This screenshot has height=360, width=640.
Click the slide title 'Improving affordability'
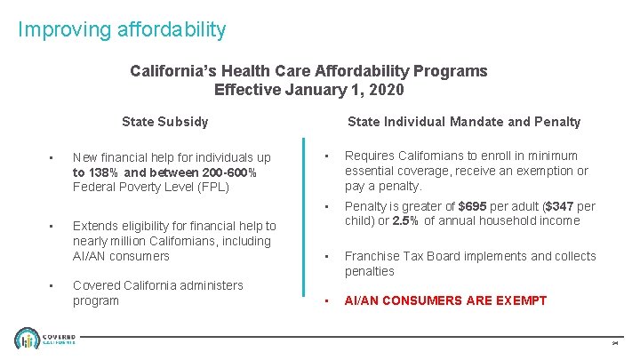(122, 29)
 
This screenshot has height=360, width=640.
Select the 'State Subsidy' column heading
(165, 122)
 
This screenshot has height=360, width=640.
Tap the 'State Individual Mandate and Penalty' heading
(463, 122)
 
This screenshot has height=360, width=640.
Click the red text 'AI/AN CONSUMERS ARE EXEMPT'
(445, 300)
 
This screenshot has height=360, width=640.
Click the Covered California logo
(45, 339)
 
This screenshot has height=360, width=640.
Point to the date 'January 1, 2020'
(351, 90)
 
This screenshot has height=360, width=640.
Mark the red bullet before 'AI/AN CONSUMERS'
(328, 300)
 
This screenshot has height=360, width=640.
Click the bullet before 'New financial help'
(53, 158)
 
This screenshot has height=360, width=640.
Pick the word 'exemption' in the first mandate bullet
(539, 171)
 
